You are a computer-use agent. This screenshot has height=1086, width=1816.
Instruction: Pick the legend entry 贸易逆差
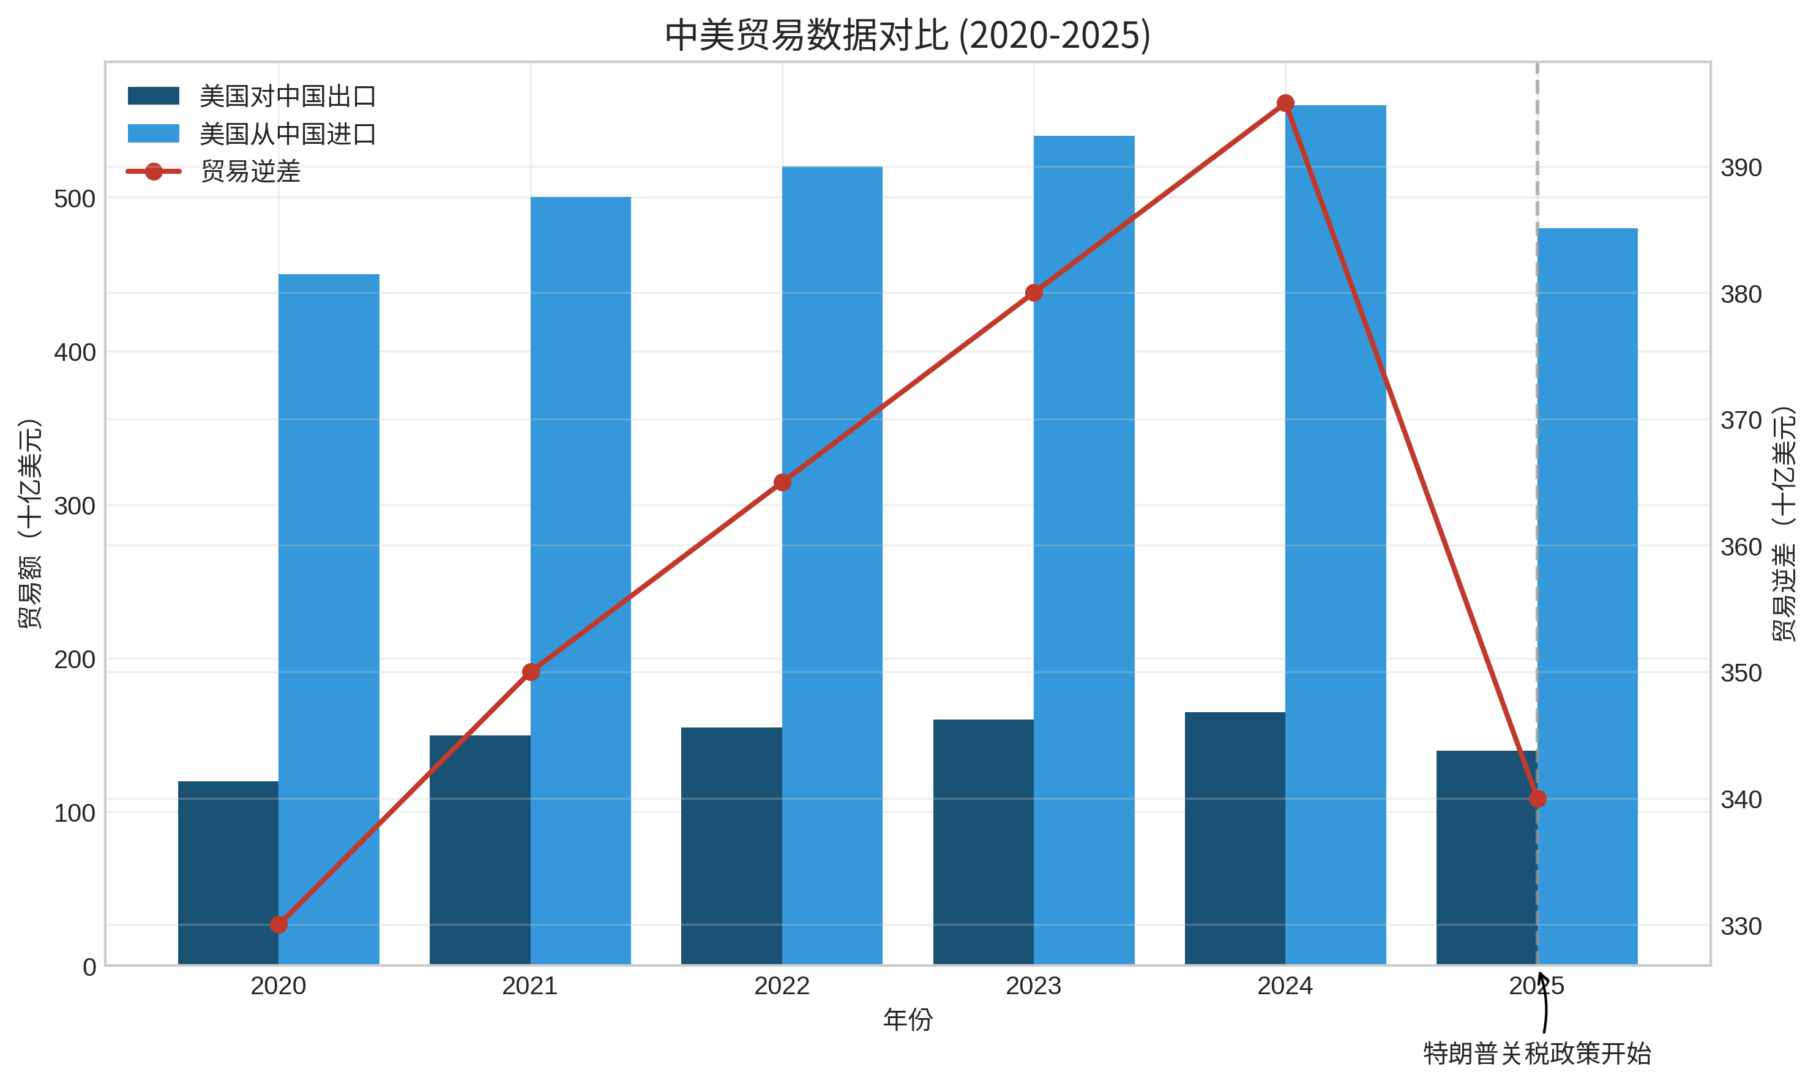[250, 172]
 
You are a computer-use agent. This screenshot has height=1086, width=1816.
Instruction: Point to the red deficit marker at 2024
[1285, 103]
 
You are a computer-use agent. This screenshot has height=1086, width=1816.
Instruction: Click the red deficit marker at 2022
[782, 482]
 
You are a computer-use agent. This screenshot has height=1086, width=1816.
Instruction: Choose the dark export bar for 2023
[983, 842]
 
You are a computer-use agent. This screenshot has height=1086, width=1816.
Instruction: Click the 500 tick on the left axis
[75, 199]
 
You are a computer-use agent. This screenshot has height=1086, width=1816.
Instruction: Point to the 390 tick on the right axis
[1741, 168]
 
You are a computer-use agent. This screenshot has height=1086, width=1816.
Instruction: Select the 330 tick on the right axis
[1741, 926]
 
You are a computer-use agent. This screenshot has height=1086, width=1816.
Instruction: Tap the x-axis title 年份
[907, 1019]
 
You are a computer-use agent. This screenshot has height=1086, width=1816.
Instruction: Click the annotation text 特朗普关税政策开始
[1537, 1054]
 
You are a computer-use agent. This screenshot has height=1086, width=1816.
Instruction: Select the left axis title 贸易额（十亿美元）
[30, 523]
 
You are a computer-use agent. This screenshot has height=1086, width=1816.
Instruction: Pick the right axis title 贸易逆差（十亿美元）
[1783, 523]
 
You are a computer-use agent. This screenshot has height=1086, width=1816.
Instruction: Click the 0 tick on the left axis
[89, 967]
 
